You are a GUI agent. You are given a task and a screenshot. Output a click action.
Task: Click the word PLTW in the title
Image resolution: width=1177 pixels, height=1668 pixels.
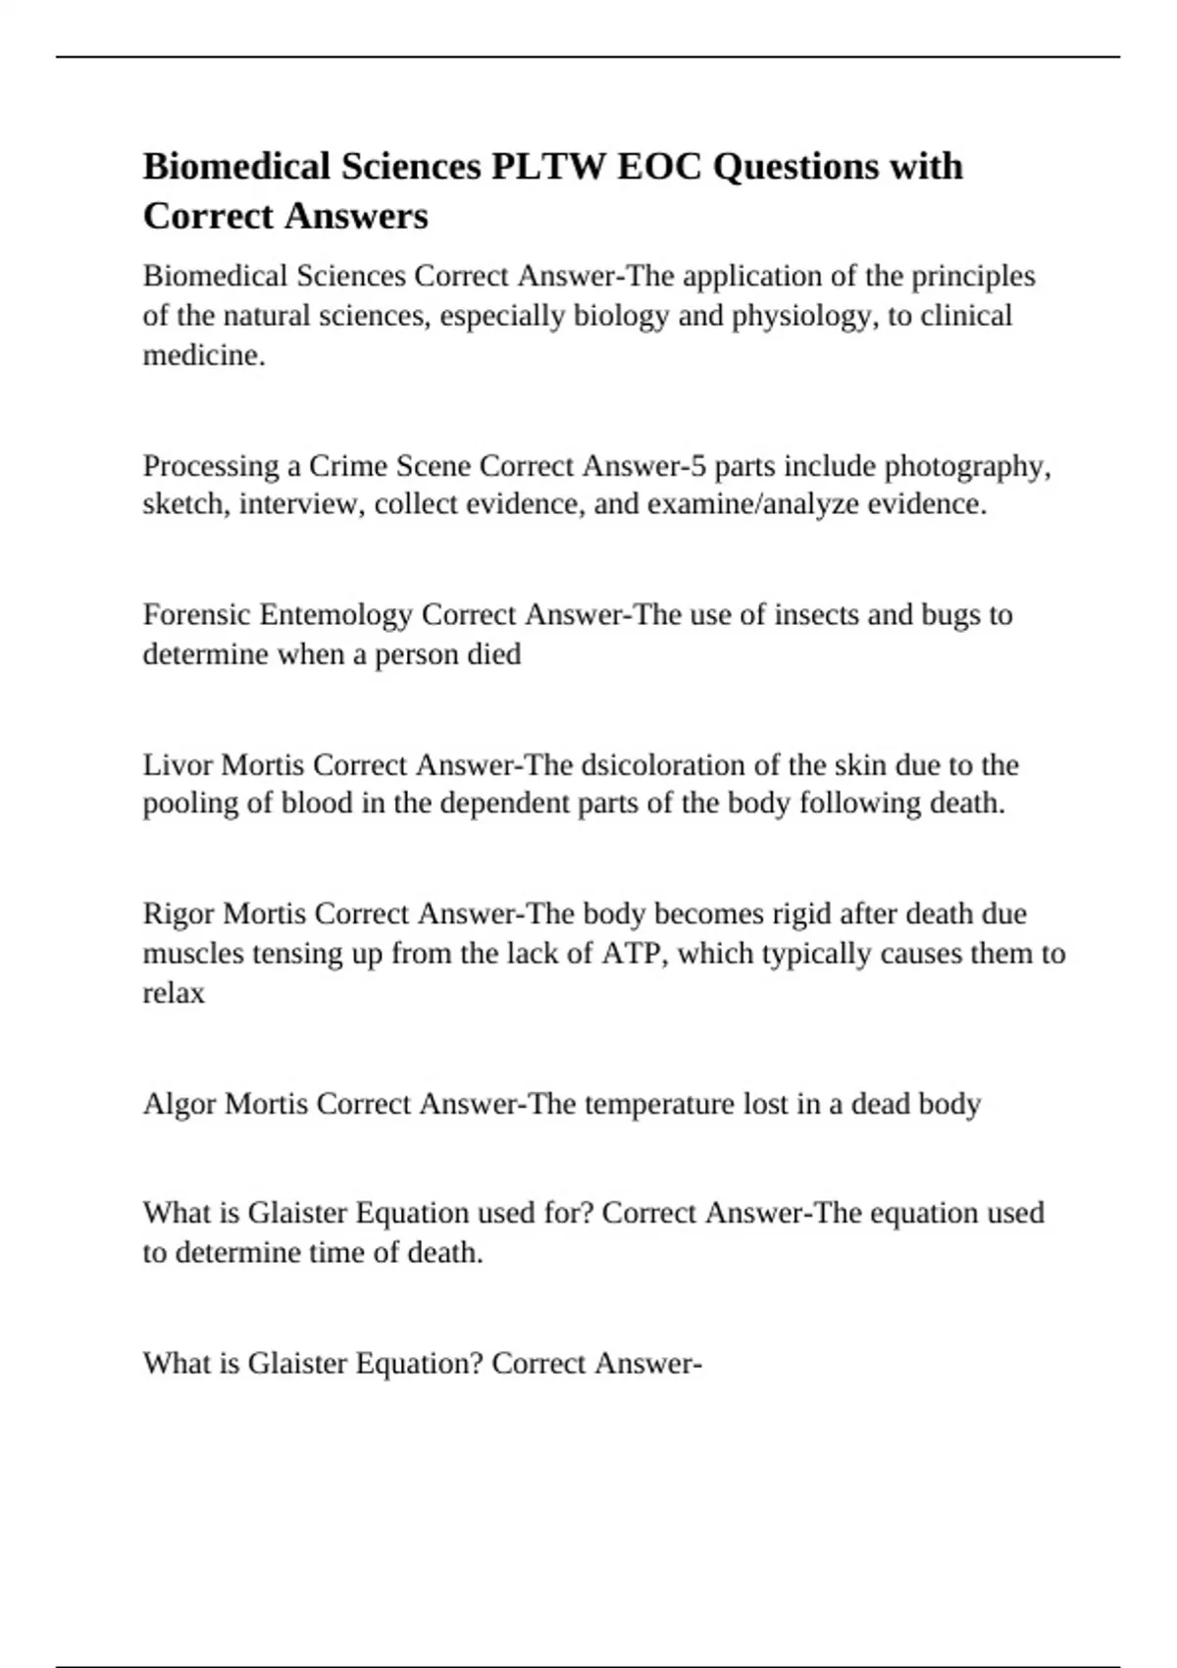coord(548,167)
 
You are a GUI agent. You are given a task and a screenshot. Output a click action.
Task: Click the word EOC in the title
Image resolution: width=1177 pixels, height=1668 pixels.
coord(659,167)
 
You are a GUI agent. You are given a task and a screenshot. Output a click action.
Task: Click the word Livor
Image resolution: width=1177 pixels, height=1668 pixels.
coord(179,764)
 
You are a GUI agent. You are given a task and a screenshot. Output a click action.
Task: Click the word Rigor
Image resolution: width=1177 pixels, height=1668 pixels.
coord(179,914)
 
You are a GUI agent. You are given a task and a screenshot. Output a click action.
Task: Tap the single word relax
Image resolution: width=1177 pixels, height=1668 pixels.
coord(174,993)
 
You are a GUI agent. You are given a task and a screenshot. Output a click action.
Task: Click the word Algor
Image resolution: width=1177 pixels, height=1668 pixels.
coord(180,1104)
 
